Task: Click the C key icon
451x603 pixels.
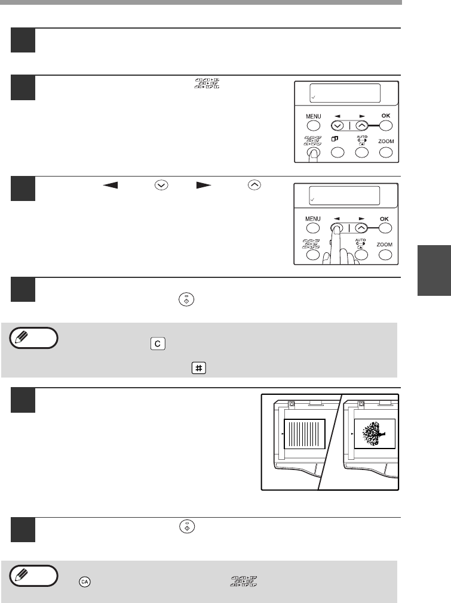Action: click(x=158, y=344)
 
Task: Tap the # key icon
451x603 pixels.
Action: click(x=199, y=368)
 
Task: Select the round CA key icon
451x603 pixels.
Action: click(x=85, y=582)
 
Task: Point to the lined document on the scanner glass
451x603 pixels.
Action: click(x=305, y=434)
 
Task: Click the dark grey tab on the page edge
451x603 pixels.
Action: click(x=434, y=270)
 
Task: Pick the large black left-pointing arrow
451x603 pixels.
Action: click(x=110, y=185)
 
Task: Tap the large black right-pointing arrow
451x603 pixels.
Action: click(x=204, y=185)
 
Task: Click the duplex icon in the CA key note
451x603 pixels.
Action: click(x=244, y=582)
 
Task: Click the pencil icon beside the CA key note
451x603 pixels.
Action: click(x=21, y=575)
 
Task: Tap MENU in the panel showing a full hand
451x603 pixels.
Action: click(x=313, y=219)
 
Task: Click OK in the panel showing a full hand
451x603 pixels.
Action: click(x=384, y=219)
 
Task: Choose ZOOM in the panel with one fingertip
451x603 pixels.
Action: click(x=386, y=141)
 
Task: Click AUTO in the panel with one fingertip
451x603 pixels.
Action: click(x=362, y=137)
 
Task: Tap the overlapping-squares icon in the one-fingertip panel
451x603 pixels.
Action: click(x=335, y=139)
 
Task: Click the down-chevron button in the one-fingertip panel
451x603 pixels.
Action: click(x=338, y=126)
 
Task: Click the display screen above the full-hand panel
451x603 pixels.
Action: click(x=344, y=196)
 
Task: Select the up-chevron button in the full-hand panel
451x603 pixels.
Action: click(x=361, y=228)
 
